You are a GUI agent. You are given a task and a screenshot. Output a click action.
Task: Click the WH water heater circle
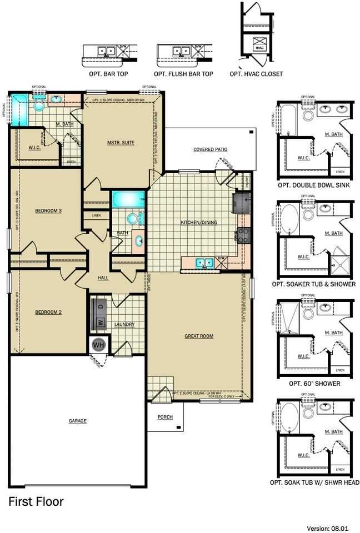(x=98, y=345)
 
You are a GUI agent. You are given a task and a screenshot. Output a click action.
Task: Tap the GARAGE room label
(x=77, y=421)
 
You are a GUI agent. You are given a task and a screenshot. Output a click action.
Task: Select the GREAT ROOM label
(x=199, y=336)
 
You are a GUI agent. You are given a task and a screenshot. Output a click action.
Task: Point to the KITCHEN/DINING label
(x=198, y=223)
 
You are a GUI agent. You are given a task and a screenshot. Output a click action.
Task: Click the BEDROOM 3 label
(x=48, y=210)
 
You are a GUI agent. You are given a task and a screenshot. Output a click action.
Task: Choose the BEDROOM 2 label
(x=48, y=312)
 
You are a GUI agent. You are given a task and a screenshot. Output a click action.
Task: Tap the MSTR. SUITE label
(x=121, y=143)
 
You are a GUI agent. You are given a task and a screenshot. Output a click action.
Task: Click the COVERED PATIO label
(x=210, y=149)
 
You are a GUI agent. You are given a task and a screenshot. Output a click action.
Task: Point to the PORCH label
(x=165, y=417)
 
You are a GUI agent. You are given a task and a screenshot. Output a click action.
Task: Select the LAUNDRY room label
(x=125, y=325)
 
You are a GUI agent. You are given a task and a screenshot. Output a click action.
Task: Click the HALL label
(x=103, y=278)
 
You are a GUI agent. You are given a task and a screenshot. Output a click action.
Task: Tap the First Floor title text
(x=36, y=502)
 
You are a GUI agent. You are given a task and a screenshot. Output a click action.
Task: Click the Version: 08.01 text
(x=333, y=527)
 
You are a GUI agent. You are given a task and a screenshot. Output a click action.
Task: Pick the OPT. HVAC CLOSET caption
(x=256, y=74)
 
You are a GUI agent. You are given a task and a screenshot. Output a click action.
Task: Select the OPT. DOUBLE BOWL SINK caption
(x=314, y=185)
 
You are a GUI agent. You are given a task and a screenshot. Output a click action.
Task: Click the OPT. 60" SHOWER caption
(x=314, y=384)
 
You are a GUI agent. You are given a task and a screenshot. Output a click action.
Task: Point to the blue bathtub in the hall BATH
(x=127, y=199)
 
